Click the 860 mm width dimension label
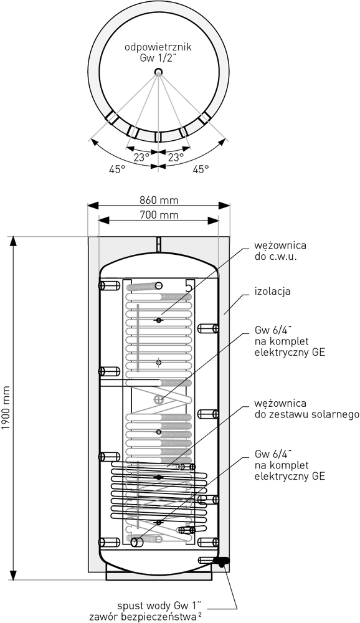pos(159,199)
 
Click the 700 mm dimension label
pos(159,215)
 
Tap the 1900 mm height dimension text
pos(5,407)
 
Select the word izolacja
pos(273,291)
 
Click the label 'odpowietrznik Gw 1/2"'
pos(158,52)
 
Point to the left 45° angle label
pos(117,169)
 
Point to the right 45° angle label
pos(201,169)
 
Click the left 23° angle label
pos(141,158)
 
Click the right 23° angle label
pos(176,158)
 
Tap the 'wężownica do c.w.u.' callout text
pos(280,250)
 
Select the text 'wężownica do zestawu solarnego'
pos(307,409)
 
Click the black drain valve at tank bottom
pos(221,561)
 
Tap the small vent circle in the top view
pos(159,72)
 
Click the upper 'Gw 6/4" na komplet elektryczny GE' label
pos(290,341)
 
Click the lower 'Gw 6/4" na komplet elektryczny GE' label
pos(290,465)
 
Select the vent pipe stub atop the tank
pos(159,245)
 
